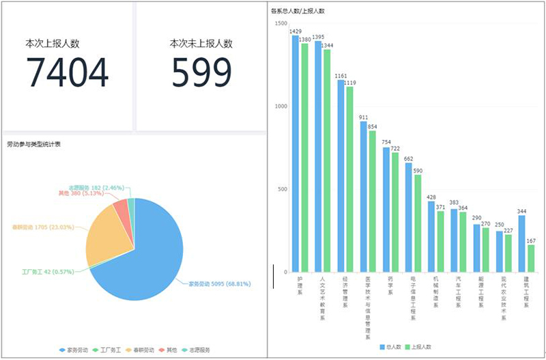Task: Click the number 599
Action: click(201, 73)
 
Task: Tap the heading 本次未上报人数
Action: click(201, 44)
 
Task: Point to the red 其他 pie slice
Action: click(121, 207)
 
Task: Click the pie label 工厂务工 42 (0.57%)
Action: click(45, 272)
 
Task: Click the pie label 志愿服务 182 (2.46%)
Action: click(96, 187)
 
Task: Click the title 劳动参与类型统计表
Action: click(34, 145)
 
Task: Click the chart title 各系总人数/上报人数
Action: click(298, 12)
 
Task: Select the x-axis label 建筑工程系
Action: click(526, 292)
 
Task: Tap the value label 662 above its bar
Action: click(408, 158)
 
